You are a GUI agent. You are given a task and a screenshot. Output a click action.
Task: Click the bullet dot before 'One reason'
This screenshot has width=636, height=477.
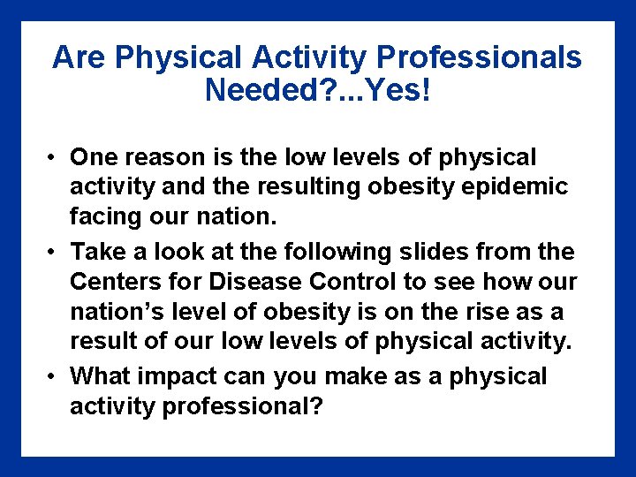[x=54, y=158]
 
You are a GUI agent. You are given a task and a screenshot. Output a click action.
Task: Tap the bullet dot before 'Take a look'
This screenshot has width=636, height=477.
[x=54, y=253]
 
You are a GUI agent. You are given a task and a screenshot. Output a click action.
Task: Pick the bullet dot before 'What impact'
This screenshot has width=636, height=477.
[x=54, y=377]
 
